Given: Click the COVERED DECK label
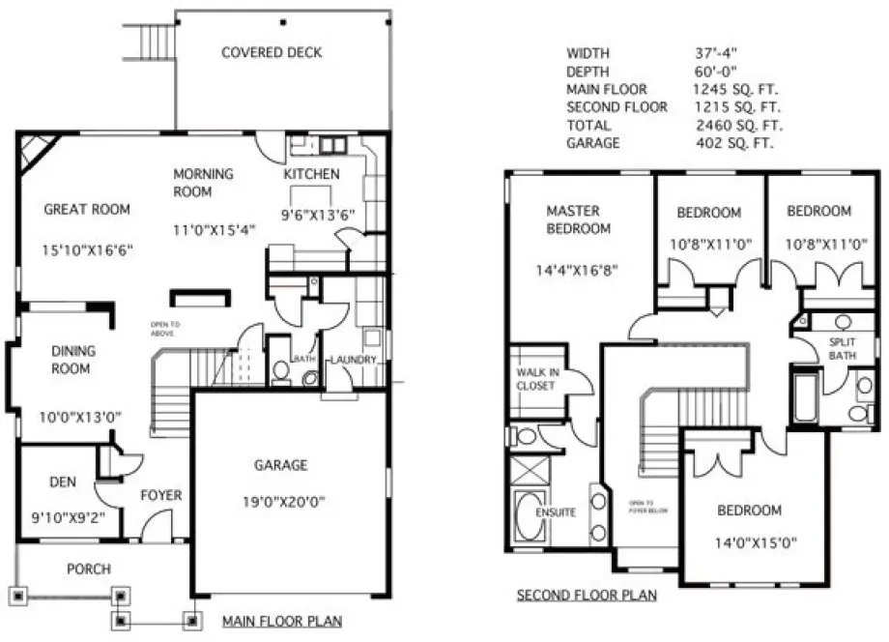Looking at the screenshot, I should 272,52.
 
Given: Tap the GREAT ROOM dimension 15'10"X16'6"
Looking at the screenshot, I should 87,249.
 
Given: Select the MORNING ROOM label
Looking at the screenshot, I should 203,183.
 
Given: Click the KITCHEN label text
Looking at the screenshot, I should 311,175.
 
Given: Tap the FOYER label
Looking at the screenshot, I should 160,496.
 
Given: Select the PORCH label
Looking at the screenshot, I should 88,569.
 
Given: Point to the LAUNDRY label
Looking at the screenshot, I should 352,361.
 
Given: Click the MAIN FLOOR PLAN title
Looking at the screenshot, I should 281,621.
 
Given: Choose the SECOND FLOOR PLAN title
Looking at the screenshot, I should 587,596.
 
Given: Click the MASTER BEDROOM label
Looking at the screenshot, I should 573,219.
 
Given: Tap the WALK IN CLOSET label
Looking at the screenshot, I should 534,379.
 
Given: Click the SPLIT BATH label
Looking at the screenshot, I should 843,348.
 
